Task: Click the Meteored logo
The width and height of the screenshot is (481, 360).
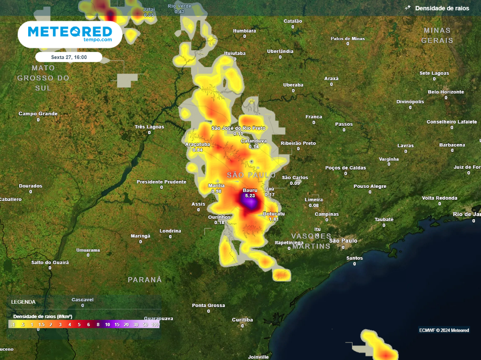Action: [70, 34]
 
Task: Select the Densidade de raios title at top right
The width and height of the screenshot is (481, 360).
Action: [442, 8]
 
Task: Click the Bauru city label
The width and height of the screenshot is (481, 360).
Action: [250, 190]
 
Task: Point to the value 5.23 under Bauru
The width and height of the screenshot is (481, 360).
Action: [250, 196]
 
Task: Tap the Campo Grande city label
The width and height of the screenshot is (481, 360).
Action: [38, 114]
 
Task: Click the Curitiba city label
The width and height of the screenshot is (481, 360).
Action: [242, 320]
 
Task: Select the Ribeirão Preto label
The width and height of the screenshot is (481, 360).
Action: [298, 143]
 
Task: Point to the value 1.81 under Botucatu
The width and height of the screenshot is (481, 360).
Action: [274, 219]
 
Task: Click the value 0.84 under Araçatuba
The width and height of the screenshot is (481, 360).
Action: [198, 150]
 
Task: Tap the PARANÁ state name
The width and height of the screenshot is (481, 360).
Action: [145, 280]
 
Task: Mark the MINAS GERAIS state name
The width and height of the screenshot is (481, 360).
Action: [437, 35]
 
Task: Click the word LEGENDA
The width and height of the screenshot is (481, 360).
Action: [23, 302]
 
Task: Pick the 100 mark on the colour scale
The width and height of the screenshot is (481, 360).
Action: [155, 324]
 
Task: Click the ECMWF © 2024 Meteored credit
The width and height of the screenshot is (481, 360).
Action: [444, 330]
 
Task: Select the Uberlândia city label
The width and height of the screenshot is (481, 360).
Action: [280, 51]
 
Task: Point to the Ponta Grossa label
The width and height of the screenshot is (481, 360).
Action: [209, 305]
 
